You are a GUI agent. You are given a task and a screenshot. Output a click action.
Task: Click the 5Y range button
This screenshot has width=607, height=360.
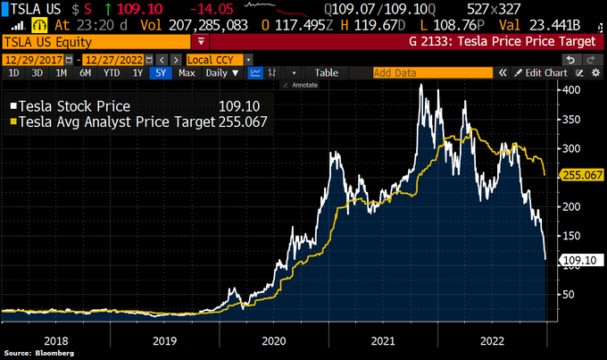tap(161, 72)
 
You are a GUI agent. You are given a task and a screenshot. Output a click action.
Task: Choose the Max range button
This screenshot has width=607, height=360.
tap(187, 72)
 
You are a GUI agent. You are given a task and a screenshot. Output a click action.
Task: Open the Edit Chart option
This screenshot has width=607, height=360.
tap(545, 72)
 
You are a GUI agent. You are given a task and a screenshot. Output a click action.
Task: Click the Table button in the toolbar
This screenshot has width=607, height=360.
tap(326, 72)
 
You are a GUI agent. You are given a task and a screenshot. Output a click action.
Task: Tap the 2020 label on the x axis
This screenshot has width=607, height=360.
tap(273, 341)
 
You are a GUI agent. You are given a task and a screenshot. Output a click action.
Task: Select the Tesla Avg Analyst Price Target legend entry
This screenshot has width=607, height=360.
tap(112, 121)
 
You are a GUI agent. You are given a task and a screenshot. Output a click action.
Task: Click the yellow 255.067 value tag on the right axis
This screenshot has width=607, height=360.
tap(581, 175)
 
